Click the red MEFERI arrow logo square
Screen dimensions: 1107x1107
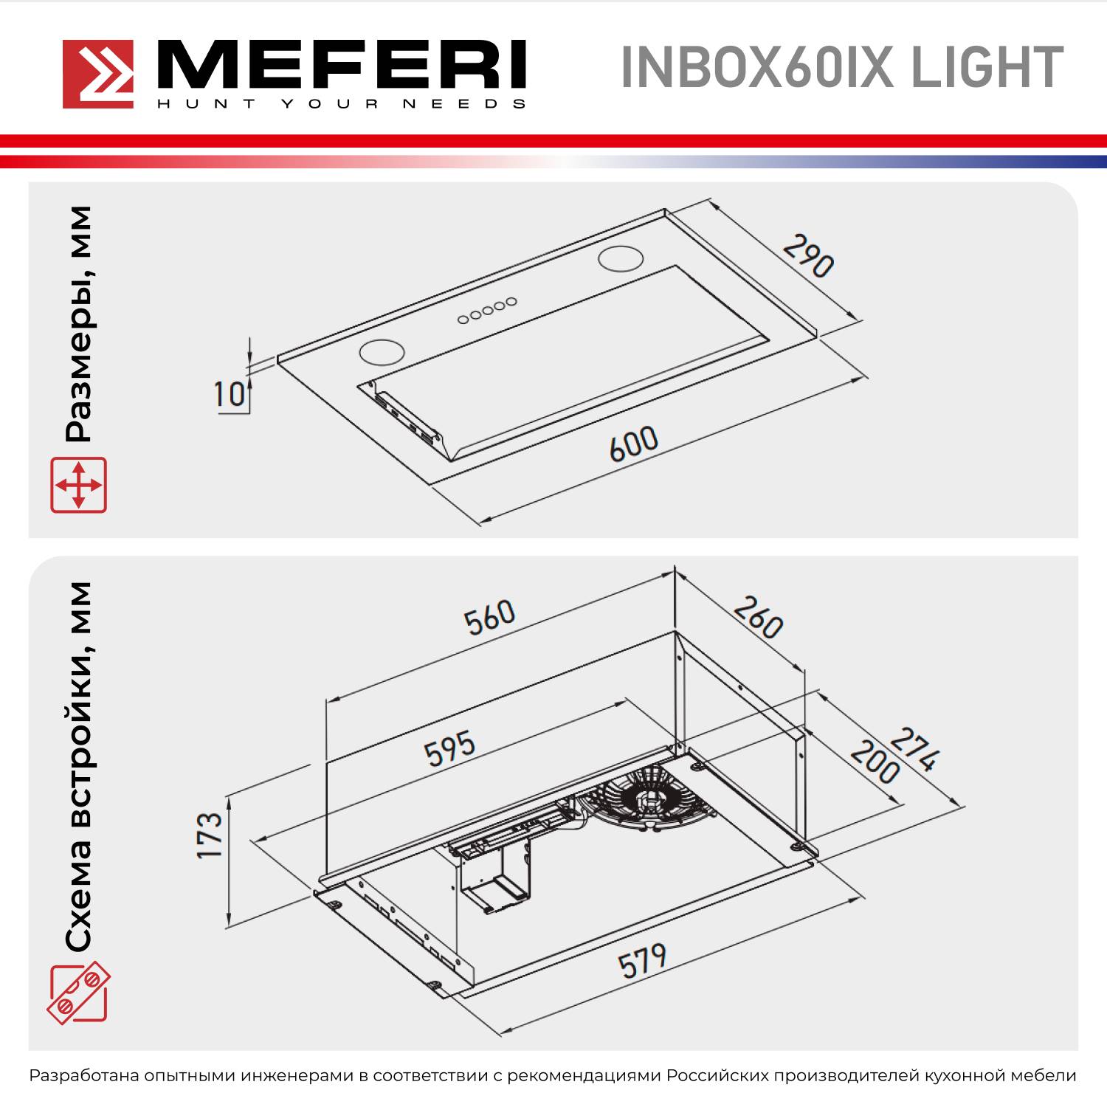pyautogui.click(x=98, y=74)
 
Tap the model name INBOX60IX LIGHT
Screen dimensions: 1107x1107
pyautogui.click(x=841, y=68)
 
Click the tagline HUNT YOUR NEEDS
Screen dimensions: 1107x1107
pyautogui.click(x=341, y=104)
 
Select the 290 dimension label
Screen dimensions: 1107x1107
pyautogui.click(x=808, y=255)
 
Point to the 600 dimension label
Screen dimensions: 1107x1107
pyautogui.click(x=633, y=444)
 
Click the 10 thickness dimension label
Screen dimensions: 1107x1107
pyautogui.click(x=229, y=394)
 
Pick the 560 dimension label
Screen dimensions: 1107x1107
pyautogui.click(x=489, y=617)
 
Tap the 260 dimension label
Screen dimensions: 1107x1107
pyautogui.click(x=758, y=617)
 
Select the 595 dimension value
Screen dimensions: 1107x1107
pyautogui.click(x=449, y=748)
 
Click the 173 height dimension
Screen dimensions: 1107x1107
pyautogui.click(x=210, y=835)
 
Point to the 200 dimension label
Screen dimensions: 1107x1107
pyautogui.click(x=875, y=762)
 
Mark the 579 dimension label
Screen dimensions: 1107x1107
pyautogui.click(x=642, y=961)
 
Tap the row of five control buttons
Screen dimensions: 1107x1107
pyautogui.click(x=486, y=311)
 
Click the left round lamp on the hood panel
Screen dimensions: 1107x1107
pyautogui.click(x=382, y=351)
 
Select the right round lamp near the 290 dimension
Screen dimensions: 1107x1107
pyautogui.click(x=621, y=258)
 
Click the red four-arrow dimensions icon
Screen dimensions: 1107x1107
pyautogui.click(x=78, y=485)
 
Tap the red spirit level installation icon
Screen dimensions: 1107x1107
pyautogui.click(x=78, y=993)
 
